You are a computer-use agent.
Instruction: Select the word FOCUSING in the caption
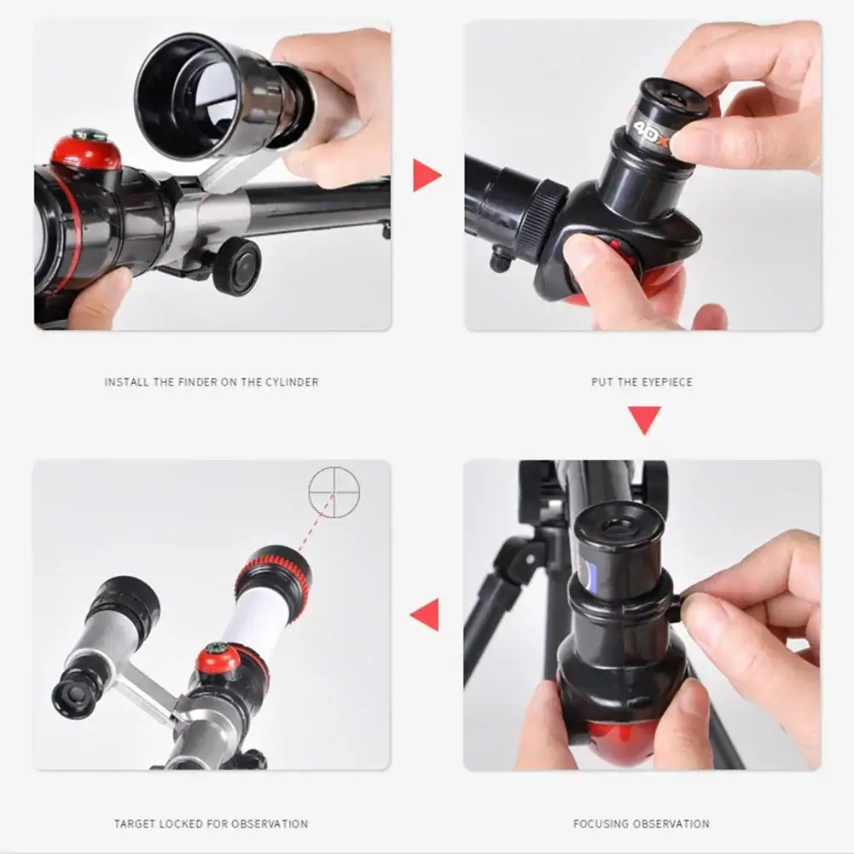click(x=595, y=824)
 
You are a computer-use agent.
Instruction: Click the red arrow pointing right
click(x=427, y=176)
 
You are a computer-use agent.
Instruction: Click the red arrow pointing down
click(x=644, y=420)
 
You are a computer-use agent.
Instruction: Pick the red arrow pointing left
click(x=425, y=615)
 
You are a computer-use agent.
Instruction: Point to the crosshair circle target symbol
click(x=334, y=491)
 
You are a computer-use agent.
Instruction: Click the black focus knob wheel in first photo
click(x=237, y=266)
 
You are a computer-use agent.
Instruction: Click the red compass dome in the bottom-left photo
click(x=218, y=659)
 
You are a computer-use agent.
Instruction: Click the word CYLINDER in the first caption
click(x=292, y=382)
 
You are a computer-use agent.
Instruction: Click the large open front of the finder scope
click(x=184, y=97)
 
